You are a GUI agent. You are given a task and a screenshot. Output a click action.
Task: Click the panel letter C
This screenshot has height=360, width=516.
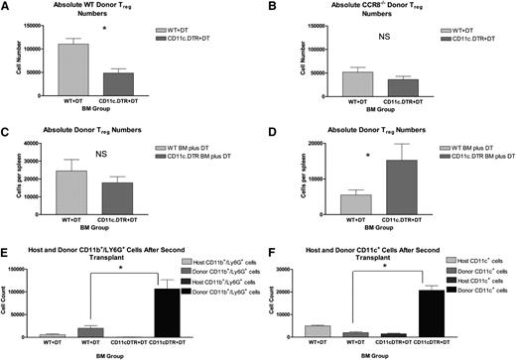(5, 127)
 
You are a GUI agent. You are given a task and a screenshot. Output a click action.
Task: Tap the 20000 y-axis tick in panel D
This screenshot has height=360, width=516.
(309, 145)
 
